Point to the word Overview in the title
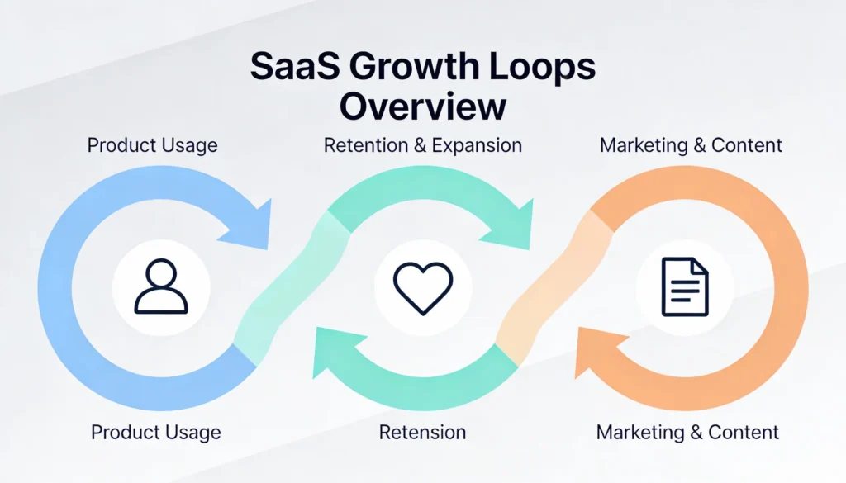click(422, 107)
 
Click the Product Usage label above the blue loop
click(153, 146)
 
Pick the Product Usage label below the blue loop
click(156, 432)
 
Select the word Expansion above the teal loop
click(473, 146)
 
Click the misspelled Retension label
click(422, 432)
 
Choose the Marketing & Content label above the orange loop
click(691, 146)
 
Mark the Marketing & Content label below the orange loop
click(687, 432)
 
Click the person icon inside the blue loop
click(161, 286)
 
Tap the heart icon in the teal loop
click(422, 286)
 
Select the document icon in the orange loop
click(685, 286)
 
